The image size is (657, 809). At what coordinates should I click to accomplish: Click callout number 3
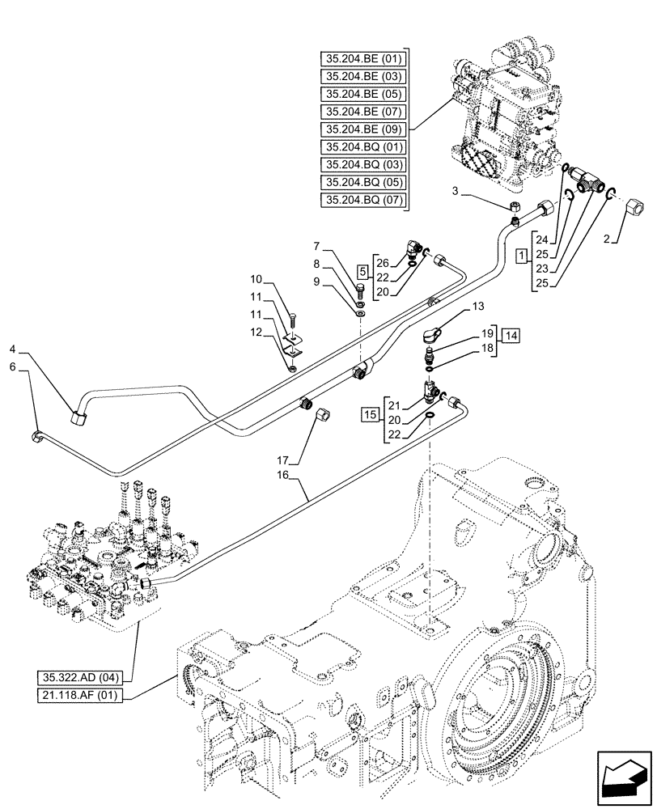tap(456, 192)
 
